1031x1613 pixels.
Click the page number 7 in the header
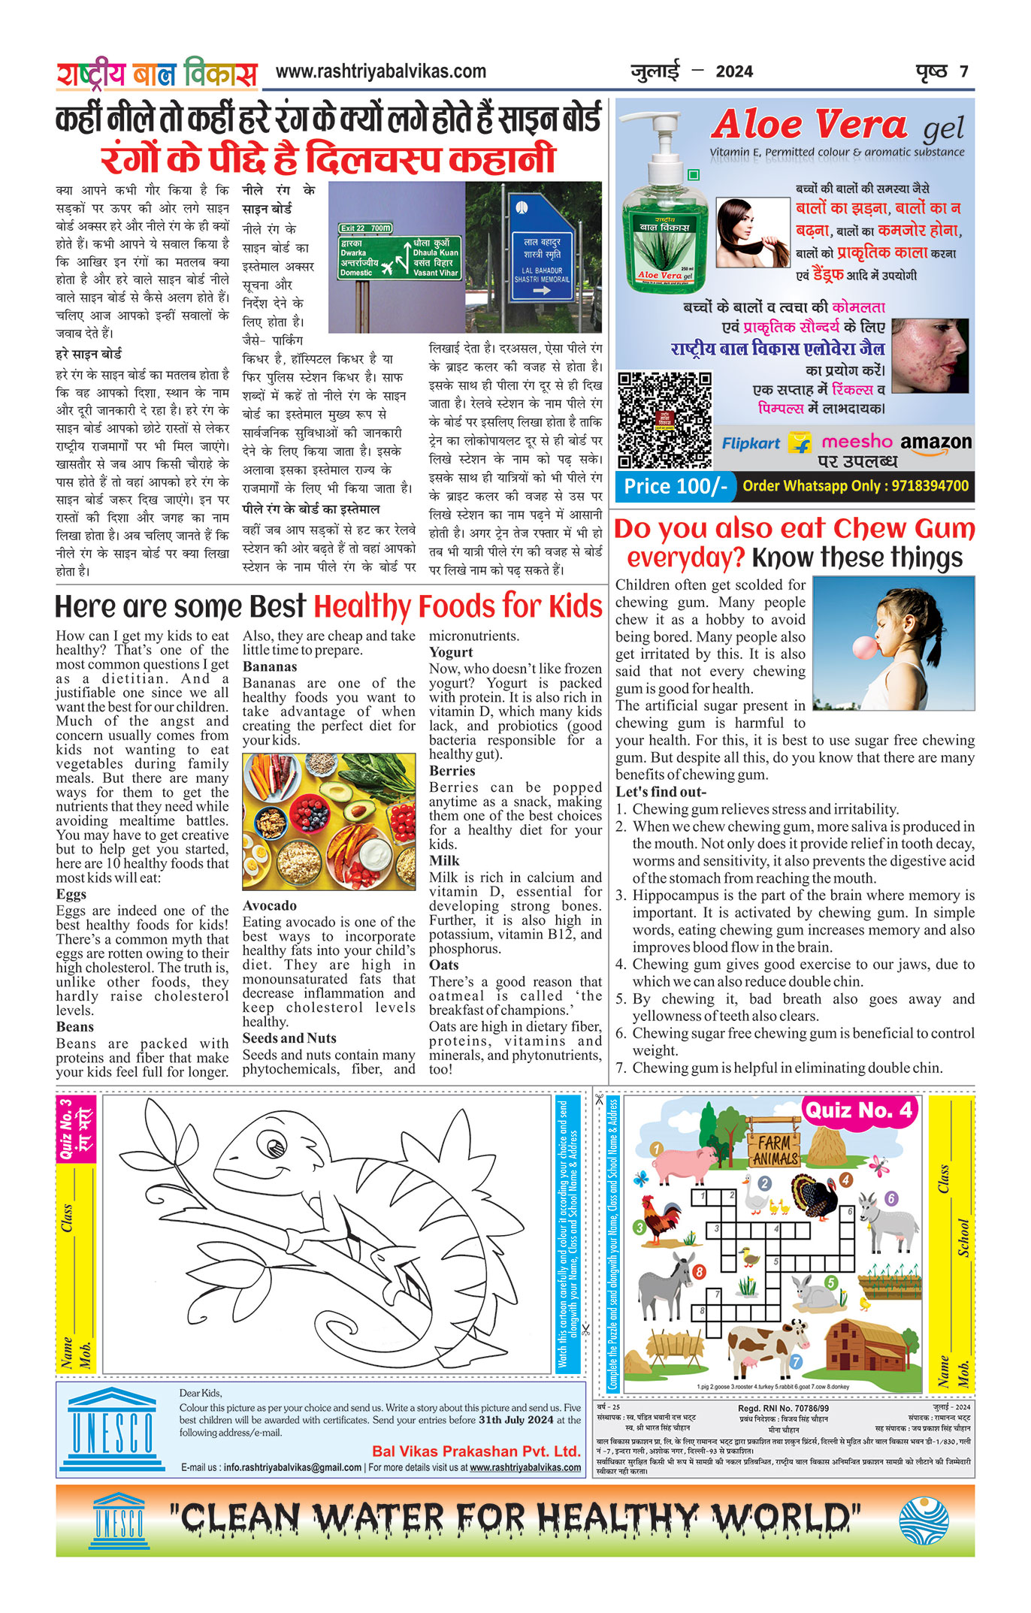click(x=963, y=72)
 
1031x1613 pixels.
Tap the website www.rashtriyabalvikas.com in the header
click(x=381, y=72)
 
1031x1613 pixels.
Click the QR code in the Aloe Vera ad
click(x=664, y=420)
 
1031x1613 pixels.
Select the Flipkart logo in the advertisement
click(x=751, y=443)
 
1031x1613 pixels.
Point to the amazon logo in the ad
click(x=935, y=443)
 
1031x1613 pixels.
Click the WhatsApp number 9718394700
click(x=930, y=486)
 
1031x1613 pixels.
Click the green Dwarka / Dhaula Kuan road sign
click(x=399, y=255)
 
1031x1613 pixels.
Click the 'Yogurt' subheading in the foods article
click(x=451, y=652)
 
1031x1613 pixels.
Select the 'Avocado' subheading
click(x=269, y=905)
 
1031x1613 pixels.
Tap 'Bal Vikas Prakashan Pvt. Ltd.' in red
click(x=476, y=1451)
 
